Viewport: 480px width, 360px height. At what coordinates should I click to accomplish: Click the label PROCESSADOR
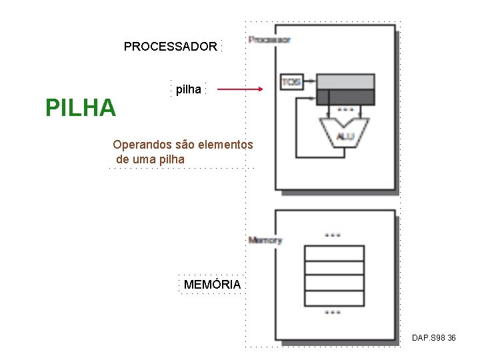tap(170, 47)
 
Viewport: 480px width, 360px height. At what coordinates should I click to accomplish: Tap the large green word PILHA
tap(80, 107)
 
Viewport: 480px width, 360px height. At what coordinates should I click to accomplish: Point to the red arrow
tap(240, 89)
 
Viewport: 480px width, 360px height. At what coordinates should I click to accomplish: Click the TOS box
tap(291, 82)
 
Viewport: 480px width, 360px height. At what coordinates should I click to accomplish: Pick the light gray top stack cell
tap(346, 81)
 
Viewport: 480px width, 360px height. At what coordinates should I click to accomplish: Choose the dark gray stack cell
tap(346, 97)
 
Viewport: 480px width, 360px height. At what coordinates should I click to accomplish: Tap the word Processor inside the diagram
tap(269, 39)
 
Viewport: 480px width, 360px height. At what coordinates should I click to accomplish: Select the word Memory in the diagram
tap(265, 240)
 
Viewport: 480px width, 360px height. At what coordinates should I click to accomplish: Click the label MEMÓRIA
tap(212, 285)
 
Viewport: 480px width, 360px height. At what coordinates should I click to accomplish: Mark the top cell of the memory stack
tap(333, 253)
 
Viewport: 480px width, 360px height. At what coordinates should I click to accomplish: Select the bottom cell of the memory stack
tap(333, 298)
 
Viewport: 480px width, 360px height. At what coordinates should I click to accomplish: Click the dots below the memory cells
tap(332, 312)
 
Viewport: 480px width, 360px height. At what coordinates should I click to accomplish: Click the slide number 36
tap(451, 339)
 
